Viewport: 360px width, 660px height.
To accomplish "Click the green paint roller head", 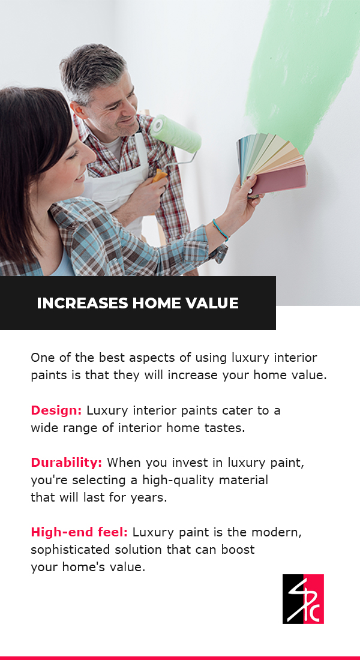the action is point(176,133).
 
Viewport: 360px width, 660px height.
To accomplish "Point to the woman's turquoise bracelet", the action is point(220,229).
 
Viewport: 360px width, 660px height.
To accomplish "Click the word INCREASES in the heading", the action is point(83,303).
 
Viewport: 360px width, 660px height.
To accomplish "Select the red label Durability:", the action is point(66,463).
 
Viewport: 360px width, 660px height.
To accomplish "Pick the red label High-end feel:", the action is point(79,532).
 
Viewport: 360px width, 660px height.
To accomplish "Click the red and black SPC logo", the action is point(303,599).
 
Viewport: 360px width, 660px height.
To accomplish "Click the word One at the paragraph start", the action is point(41,358).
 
